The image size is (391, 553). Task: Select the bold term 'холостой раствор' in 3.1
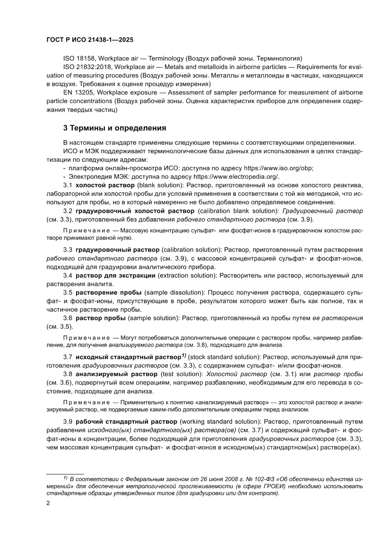point(102,185)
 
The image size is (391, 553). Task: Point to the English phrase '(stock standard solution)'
point(222,357)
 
